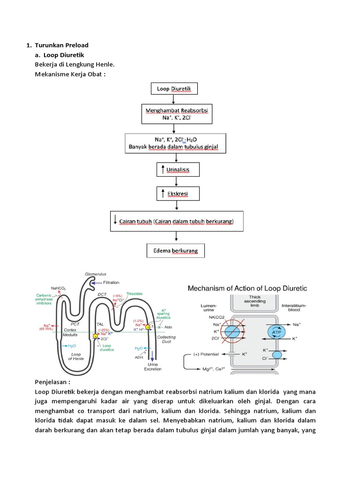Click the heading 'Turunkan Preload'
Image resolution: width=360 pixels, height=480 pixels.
pos(61,45)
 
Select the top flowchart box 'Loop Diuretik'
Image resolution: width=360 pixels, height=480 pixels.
pos(174,89)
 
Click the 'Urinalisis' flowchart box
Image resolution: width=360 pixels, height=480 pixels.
pos(174,169)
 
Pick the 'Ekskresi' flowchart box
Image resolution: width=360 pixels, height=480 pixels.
pos(174,193)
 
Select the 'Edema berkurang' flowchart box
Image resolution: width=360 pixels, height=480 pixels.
pos(175,251)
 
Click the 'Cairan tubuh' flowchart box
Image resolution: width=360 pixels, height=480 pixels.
pos(177,221)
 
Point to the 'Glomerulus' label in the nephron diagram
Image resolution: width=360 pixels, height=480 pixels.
pos(96,274)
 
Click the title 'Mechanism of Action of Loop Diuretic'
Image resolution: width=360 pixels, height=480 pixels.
pos(247,288)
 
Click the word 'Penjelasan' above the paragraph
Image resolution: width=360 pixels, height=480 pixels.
pos(52,382)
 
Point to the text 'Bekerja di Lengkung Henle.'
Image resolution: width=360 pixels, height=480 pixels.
pos(75,64)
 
